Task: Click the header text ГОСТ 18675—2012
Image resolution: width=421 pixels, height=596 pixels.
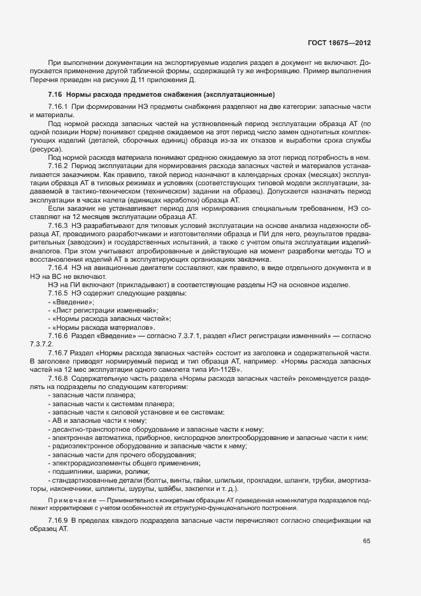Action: [x=341, y=43]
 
